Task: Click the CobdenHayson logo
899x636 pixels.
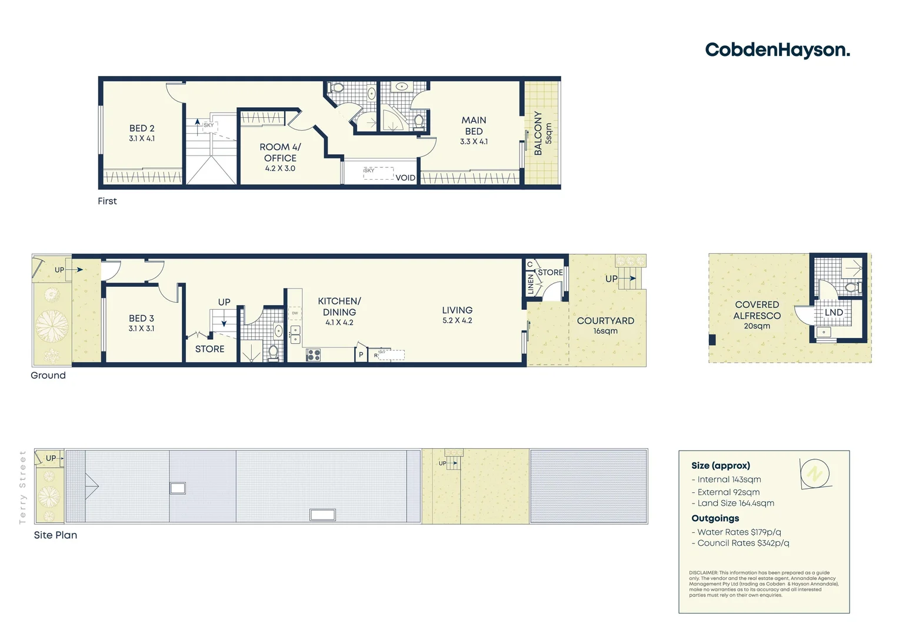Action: (x=777, y=50)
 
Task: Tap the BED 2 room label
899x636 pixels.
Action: (x=142, y=132)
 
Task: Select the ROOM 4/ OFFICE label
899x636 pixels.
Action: (x=280, y=157)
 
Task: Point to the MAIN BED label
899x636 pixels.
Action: (x=474, y=130)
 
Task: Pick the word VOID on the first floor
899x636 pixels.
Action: (x=405, y=178)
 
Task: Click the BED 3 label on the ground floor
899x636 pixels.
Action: (x=141, y=323)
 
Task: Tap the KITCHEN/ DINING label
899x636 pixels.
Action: (x=339, y=310)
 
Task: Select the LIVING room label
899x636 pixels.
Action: (x=457, y=314)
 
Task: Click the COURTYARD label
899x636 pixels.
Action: (x=605, y=324)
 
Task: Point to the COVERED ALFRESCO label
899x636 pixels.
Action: (x=757, y=314)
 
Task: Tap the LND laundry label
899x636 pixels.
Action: (x=834, y=312)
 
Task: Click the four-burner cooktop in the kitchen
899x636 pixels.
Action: (x=313, y=355)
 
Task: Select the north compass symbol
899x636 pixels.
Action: (x=815, y=473)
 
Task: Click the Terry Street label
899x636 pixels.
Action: (x=23, y=487)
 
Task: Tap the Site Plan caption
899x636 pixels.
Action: (x=55, y=535)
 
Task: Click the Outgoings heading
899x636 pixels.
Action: (x=715, y=518)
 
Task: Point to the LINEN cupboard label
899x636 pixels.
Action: (x=531, y=283)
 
